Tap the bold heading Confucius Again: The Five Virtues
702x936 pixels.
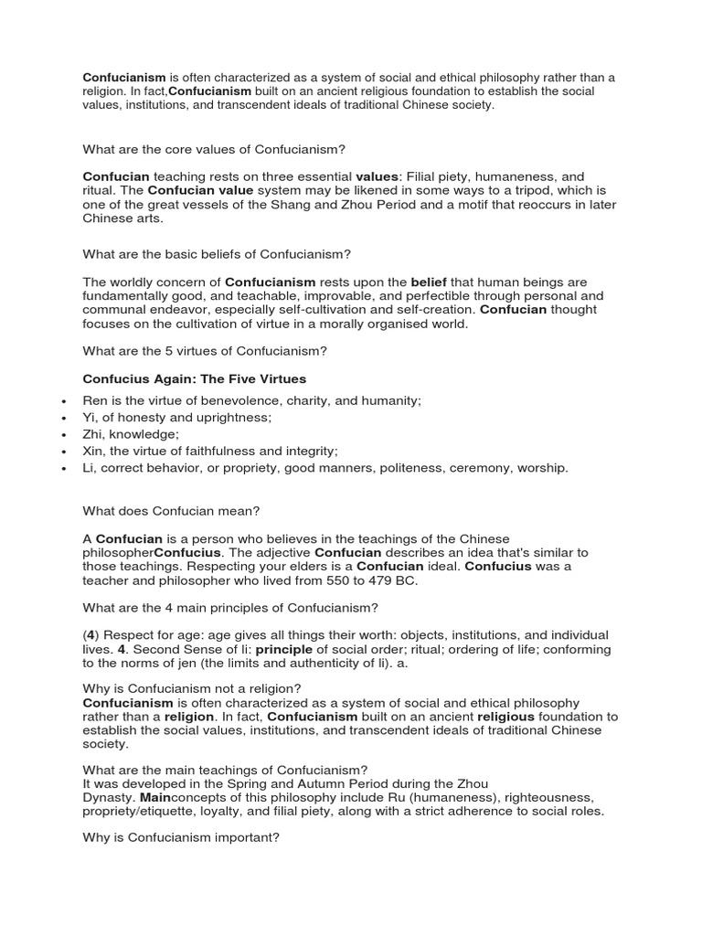(195, 378)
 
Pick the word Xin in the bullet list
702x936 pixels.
(95, 451)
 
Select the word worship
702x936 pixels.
(542, 467)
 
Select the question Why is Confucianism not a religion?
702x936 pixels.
(192, 687)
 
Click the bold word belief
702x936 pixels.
(428, 282)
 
